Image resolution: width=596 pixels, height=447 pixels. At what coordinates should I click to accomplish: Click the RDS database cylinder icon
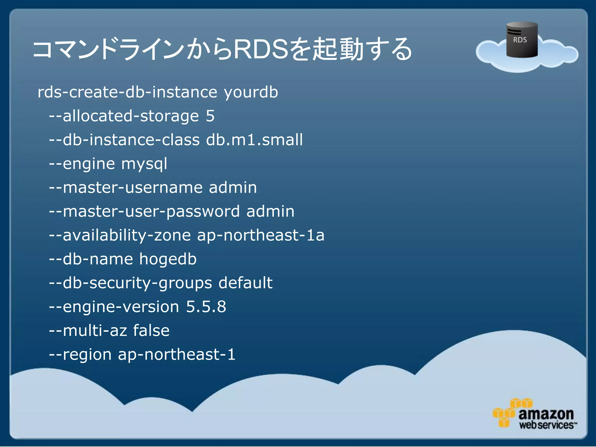522,40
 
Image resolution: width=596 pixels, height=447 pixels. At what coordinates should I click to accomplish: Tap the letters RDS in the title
261,49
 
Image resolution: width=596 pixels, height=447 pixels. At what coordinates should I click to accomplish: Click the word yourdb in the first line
251,93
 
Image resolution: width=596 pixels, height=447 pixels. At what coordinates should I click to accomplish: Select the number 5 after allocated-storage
210,116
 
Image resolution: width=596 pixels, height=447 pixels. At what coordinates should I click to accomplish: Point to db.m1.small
254,140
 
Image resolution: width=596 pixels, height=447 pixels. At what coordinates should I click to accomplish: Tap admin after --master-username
233,187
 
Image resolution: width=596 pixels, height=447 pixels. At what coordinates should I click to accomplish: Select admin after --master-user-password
270,211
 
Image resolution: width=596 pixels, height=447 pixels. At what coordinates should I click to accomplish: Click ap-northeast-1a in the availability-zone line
260,235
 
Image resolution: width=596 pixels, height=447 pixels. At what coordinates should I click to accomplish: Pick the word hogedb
168,259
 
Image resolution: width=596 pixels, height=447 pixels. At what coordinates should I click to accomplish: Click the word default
245,283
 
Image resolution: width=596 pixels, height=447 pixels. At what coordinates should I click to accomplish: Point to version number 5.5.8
206,307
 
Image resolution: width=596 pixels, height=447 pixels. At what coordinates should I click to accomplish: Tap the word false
151,331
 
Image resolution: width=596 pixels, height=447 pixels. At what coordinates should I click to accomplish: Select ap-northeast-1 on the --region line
176,354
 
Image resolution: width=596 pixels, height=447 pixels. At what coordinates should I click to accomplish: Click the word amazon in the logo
546,414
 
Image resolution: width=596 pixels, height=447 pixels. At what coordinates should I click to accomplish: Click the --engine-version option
114,307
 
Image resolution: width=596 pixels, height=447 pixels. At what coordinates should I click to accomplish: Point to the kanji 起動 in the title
338,49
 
